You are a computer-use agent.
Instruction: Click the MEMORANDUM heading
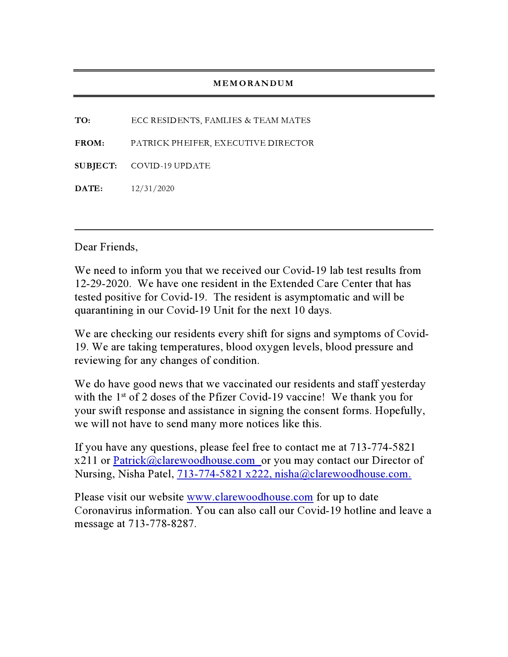(253, 84)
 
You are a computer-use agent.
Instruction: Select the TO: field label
(82, 121)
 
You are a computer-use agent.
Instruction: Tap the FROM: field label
(90, 143)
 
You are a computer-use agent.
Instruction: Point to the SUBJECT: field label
(96, 166)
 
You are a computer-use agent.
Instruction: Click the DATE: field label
(88, 189)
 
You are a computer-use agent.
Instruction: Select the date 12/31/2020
(153, 189)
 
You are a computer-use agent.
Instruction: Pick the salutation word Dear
(86, 247)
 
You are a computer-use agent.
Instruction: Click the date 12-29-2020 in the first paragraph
(102, 284)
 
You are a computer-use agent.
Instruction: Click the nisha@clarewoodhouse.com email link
(343, 474)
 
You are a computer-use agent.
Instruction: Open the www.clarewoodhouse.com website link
(250, 497)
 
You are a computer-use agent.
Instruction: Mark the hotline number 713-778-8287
(162, 524)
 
